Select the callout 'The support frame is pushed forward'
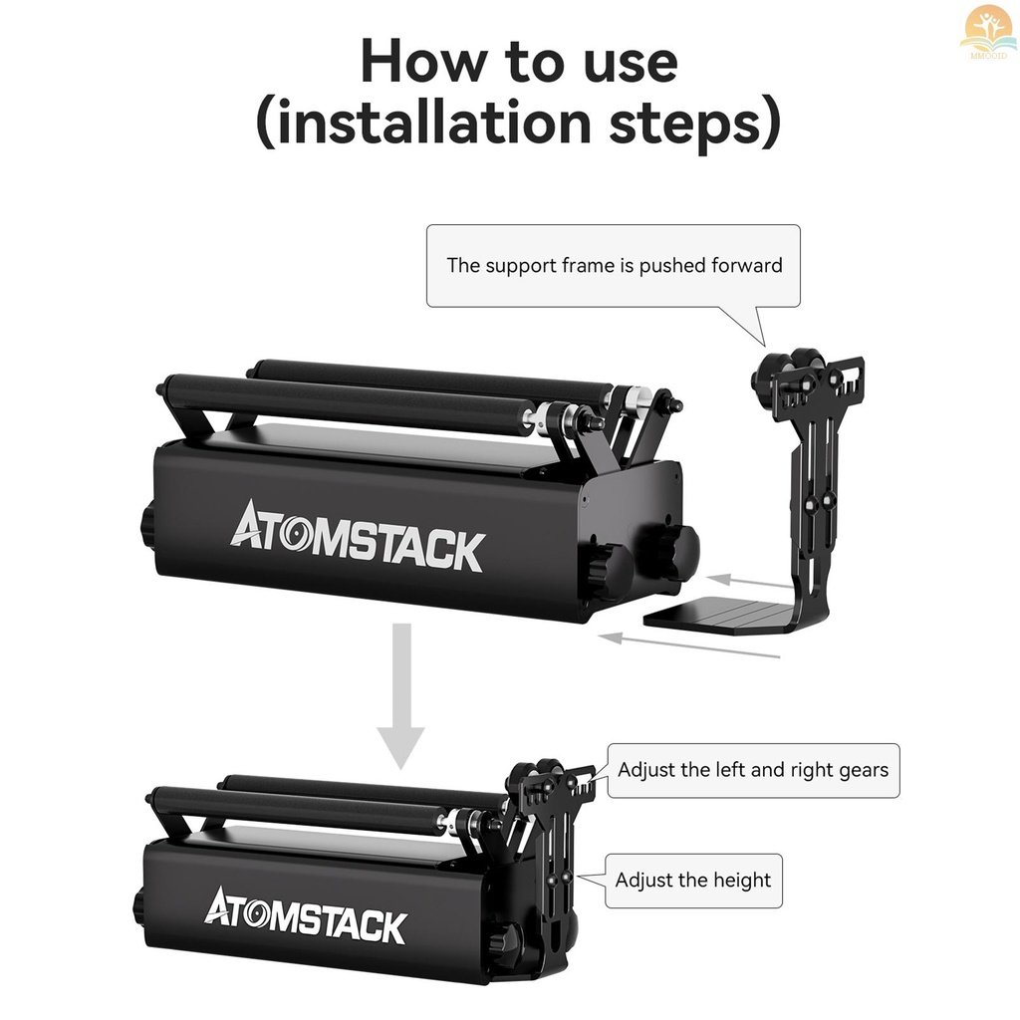click(x=614, y=266)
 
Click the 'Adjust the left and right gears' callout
click(x=753, y=770)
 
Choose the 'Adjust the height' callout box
click(x=693, y=881)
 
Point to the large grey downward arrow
click(x=400, y=697)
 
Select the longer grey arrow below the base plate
click(x=693, y=644)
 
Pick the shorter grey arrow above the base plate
click(x=752, y=580)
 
